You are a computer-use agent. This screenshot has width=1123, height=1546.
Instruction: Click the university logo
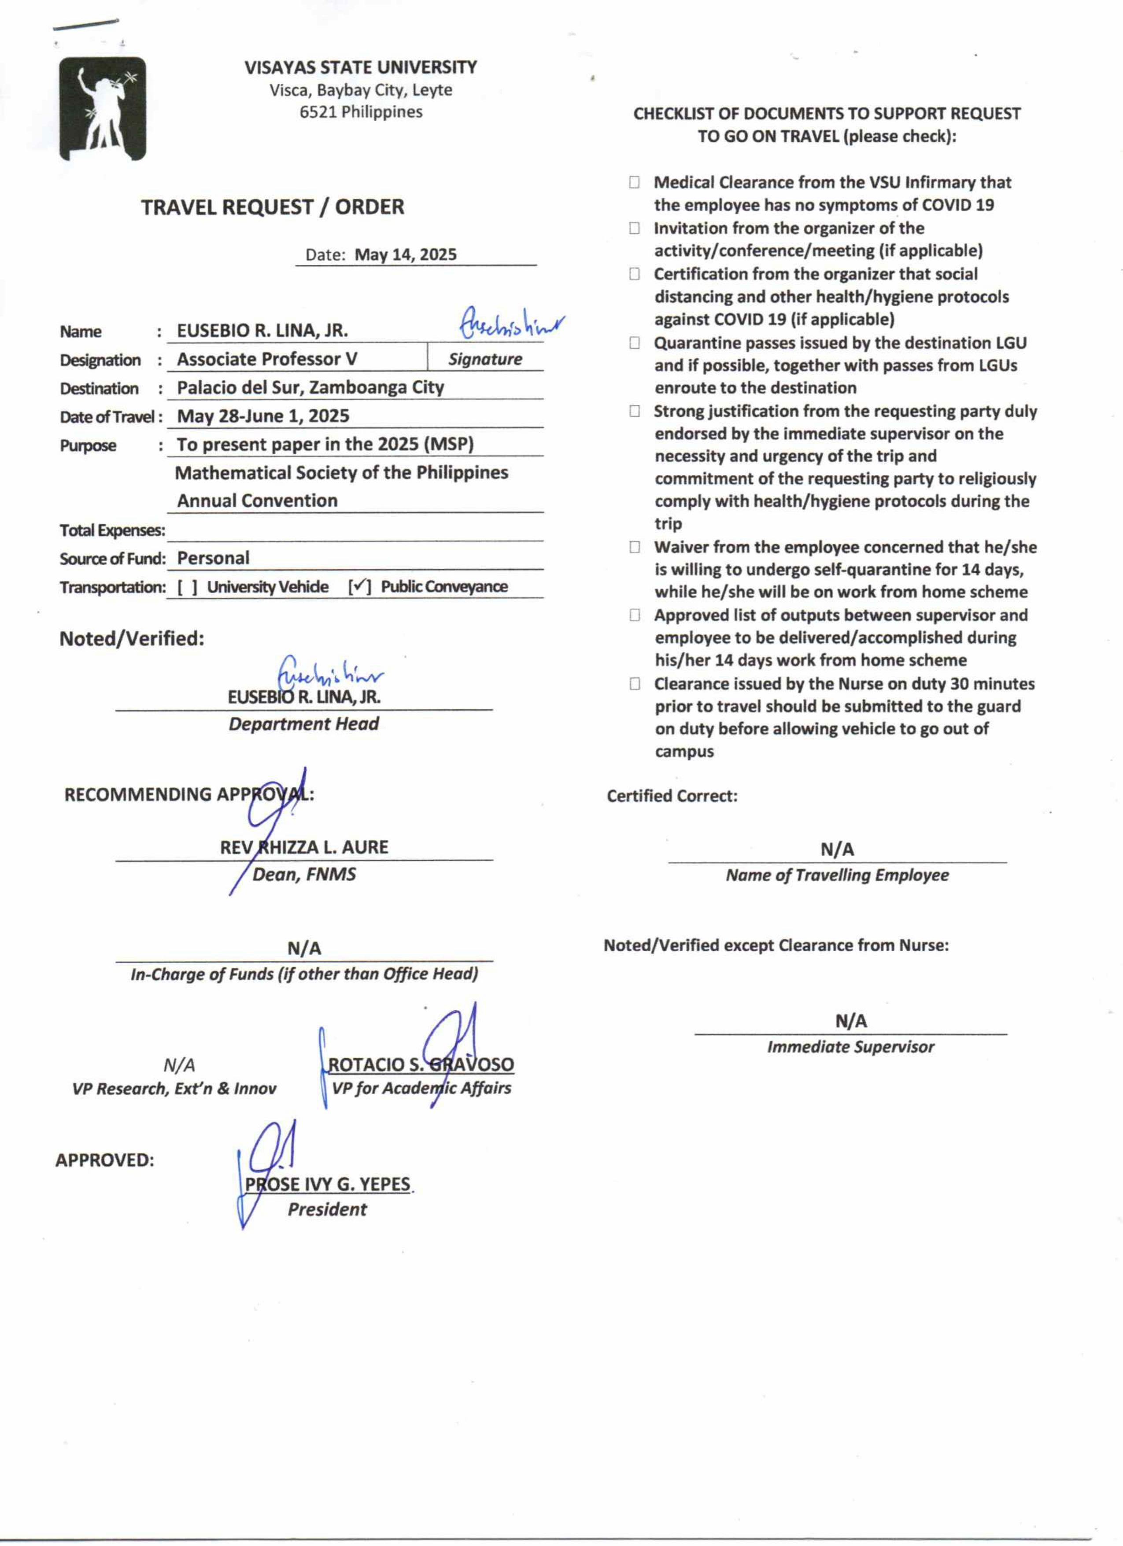click(x=102, y=109)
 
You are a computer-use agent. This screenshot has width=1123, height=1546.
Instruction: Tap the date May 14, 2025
click(x=406, y=255)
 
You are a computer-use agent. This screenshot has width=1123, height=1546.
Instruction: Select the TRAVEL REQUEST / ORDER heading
click(x=273, y=207)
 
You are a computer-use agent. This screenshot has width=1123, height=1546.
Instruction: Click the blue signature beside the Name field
click(x=511, y=324)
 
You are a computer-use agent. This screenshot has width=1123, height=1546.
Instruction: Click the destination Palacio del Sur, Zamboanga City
click(x=310, y=387)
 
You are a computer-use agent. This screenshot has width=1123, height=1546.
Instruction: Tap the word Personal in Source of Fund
click(x=213, y=558)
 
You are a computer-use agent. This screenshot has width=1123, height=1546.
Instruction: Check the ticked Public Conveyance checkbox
click(x=360, y=587)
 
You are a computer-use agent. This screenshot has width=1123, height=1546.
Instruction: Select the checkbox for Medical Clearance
click(x=635, y=183)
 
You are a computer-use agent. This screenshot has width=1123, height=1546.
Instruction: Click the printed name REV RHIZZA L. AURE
click(x=304, y=847)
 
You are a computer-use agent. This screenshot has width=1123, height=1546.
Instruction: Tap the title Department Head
click(x=304, y=724)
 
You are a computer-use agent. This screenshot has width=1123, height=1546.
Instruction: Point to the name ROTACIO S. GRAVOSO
click(x=421, y=1065)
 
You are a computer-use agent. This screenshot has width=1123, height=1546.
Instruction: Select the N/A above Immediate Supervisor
click(x=851, y=1021)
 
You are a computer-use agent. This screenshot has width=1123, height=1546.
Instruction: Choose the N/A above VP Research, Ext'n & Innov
click(x=179, y=1065)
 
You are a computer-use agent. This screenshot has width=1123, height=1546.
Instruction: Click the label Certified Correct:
click(x=672, y=796)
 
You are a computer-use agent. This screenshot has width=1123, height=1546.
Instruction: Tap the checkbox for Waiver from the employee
click(x=635, y=547)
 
